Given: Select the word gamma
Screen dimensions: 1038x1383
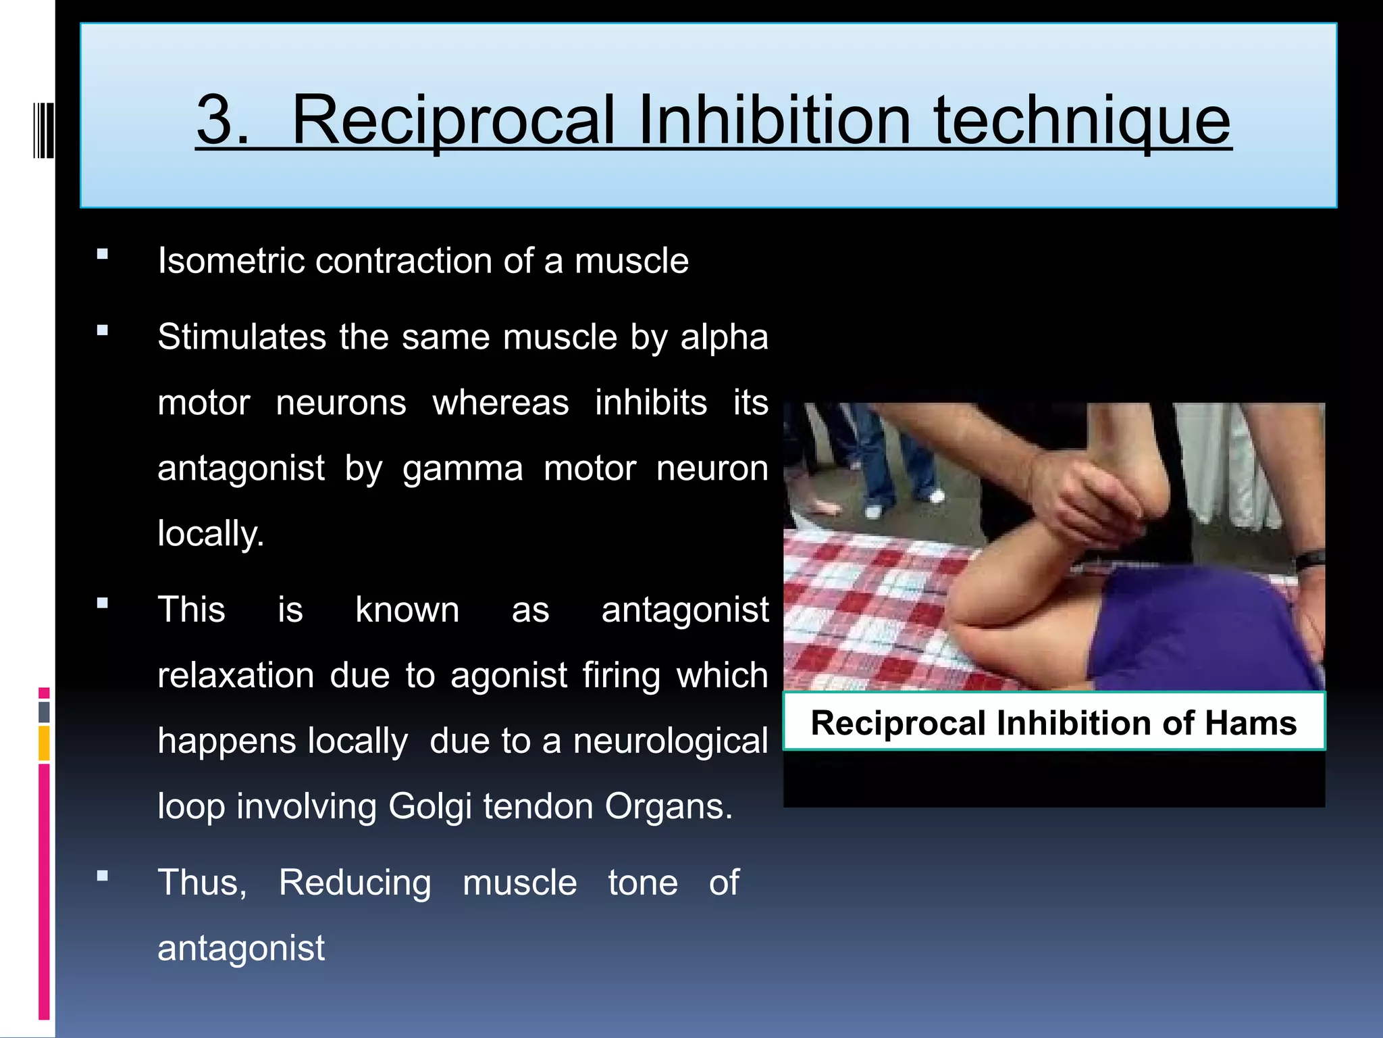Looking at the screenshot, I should tap(463, 469).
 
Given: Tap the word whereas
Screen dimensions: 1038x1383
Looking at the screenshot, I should tap(500, 403).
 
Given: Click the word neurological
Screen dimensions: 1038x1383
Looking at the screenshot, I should tap(670, 741).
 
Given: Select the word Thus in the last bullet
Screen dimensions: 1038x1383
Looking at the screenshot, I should tap(201, 883).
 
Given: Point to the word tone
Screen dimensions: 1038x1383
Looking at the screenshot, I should tap(642, 883).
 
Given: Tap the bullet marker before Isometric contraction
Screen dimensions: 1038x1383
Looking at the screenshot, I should tap(103, 255).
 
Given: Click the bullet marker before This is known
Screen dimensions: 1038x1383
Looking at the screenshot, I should tap(103, 603).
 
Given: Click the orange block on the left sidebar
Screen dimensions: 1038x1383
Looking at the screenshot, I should tap(44, 743).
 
